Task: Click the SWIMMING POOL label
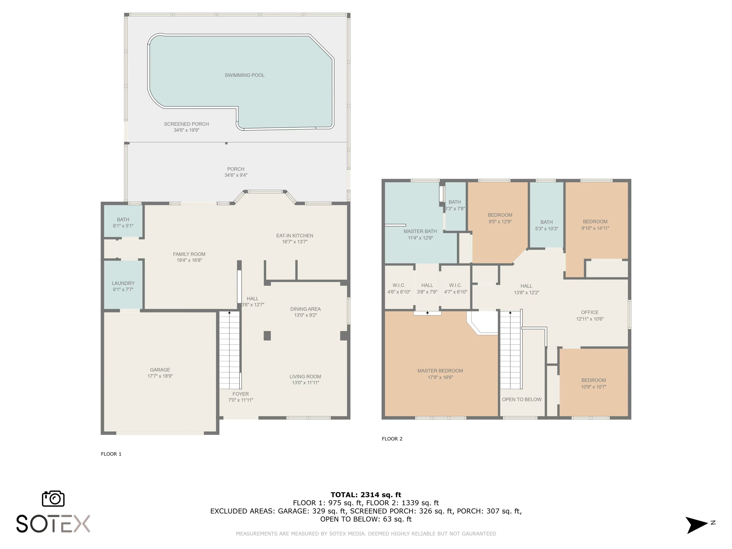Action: (244, 75)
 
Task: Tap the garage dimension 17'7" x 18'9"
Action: (160, 376)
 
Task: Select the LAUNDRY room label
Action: (123, 283)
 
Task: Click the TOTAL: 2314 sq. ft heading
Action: (366, 495)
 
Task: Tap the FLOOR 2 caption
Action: (392, 439)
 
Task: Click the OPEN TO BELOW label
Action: (521, 399)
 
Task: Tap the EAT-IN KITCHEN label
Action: (295, 236)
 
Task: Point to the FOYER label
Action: (241, 394)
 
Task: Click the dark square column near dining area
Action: (267, 335)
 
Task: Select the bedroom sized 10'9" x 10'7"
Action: (594, 384)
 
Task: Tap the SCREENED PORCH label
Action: (186, 124)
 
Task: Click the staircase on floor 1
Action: (229, 351)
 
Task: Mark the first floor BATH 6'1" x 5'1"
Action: (123, 222)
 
